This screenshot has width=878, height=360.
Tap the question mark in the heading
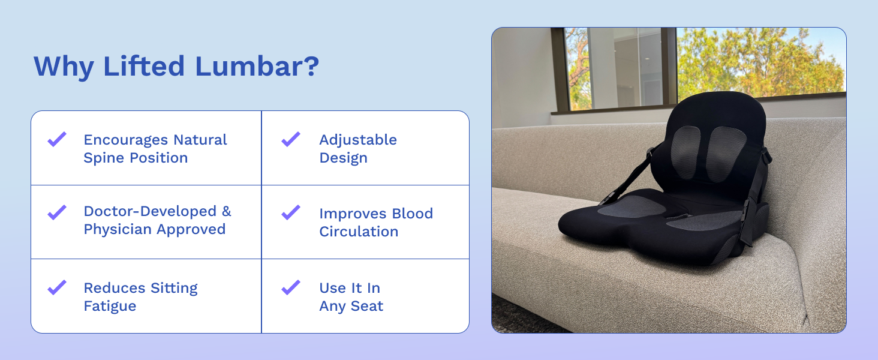tap(311, 66)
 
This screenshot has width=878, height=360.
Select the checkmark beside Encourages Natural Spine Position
tap(57, 139)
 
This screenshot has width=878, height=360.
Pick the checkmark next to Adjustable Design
tap(291, 139)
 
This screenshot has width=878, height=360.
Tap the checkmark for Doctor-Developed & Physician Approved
tap(57, 212)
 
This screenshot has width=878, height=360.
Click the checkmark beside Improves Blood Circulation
tap(291, 212)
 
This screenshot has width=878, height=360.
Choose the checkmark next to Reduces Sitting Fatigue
tap(57, 287)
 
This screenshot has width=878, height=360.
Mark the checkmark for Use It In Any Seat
tap(291, 287)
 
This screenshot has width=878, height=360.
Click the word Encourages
tap(126, 140)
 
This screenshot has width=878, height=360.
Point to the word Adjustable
tap(358, 140)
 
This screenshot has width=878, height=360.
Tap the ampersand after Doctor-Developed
tap(227, 211)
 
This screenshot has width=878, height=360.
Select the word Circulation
tap(359, 232)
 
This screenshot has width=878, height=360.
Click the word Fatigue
tap(110, 306)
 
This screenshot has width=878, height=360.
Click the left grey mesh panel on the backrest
tap(685, 152)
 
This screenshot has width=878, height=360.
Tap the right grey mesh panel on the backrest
tap(726, 154)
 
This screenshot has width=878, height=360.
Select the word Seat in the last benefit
tap(367, 306)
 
